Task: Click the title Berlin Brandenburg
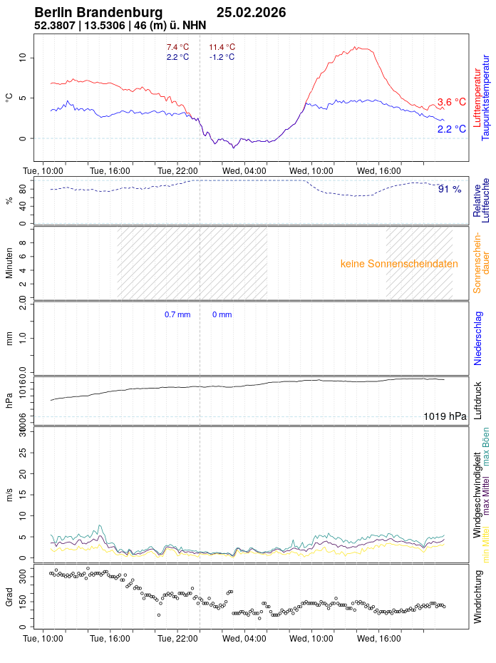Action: coord(98,13)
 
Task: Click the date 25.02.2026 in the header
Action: coord(252,13)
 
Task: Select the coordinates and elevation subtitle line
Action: coord(120,26)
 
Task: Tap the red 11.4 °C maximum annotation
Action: coord(222,47)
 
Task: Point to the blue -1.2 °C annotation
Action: coord(222,57)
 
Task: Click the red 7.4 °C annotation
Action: coord(177,47)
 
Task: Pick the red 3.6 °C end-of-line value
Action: coord(451,103)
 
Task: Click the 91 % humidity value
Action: coord(449,189)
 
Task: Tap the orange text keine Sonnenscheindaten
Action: coord(399,264)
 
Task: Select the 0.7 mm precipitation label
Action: coord(177,314)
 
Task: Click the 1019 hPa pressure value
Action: coord(445,416)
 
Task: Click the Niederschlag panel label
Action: coord(478,338)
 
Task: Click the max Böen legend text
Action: coord(486,446)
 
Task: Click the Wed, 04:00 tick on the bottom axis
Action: coord(244,638)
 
